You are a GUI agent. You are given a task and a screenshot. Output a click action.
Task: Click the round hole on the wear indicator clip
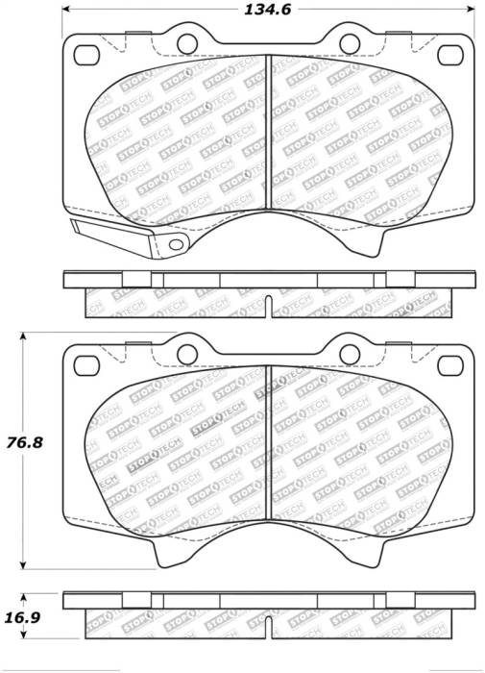tap(176, 244)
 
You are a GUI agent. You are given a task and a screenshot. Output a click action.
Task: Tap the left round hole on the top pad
tap(185, 41)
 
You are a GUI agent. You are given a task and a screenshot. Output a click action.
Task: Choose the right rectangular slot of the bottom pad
tap(449, 363)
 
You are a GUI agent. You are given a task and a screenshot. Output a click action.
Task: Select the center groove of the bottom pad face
tap(268, 442)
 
